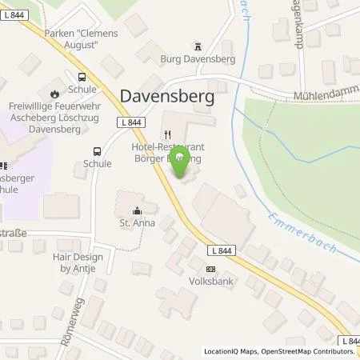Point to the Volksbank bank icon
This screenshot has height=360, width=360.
pos(210,269)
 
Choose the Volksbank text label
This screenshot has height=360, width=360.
pos(210,282)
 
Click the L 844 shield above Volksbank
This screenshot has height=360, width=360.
pos(223,250)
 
